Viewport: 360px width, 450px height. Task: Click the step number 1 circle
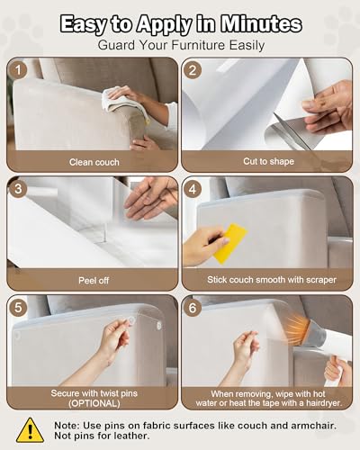click(18, 70)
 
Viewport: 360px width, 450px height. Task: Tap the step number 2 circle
click(193, 70)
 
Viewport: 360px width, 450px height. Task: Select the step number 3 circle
click(18, 189)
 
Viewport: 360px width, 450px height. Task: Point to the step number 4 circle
click(193, 189)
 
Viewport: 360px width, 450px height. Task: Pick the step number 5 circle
click(18, 308)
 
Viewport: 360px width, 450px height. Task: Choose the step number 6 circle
click(193, 308)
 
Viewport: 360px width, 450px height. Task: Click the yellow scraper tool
click(229, 243)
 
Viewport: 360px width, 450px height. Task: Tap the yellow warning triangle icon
click(30, 430)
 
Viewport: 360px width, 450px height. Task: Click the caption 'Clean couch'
click(94, 162)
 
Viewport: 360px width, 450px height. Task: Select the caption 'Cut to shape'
click(268, 161)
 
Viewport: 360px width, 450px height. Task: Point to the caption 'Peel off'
click(94, 281)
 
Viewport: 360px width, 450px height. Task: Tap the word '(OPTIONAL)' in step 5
click(94, 403)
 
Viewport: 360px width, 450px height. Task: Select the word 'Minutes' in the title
click(261, 24)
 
